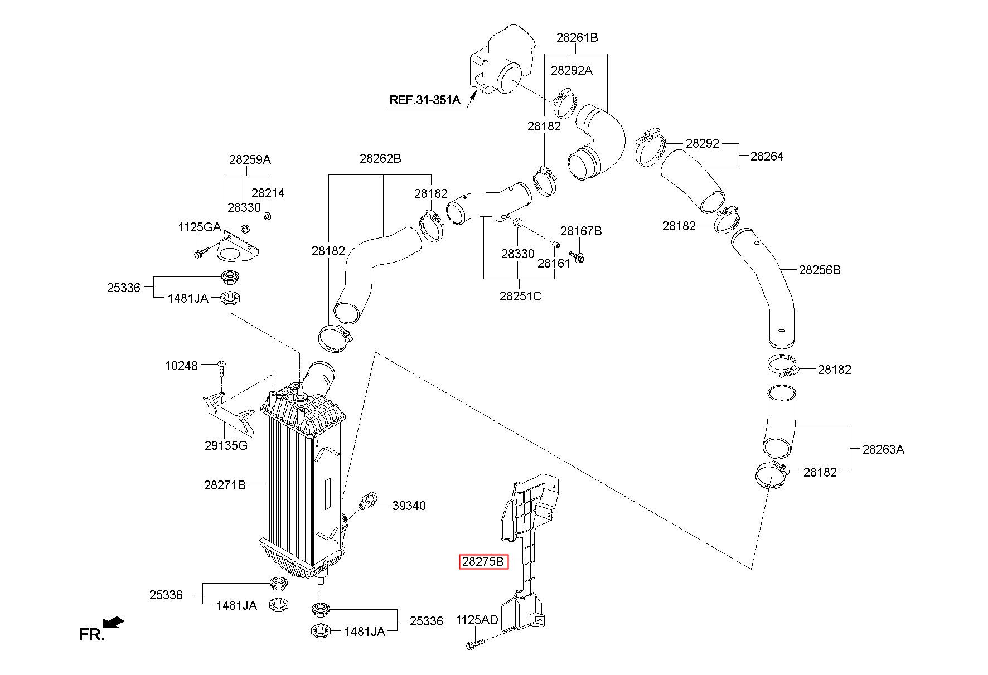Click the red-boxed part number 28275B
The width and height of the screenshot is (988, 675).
pos(483,562)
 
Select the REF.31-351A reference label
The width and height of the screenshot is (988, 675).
pos(424,100)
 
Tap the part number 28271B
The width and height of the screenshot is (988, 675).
pos(225,485)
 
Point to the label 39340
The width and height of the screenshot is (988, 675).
pos(409,506)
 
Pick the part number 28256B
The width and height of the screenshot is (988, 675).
pos(820,270)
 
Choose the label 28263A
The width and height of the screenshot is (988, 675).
pos(883,449)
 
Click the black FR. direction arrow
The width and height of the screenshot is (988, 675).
pos(114,622)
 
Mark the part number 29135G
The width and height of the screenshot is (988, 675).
pos(226,445)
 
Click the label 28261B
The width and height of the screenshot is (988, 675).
pos(577,37)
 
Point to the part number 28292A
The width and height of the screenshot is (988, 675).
pos(572,70)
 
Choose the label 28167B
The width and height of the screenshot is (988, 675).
pos(581,231)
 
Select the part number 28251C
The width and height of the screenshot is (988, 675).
pos(520,296)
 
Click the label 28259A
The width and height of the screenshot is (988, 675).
pos(250,159)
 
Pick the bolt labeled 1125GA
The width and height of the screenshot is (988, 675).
pos(201,252)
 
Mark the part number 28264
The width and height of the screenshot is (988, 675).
pos(767,156)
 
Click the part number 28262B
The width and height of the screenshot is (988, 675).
pos(380,158)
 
